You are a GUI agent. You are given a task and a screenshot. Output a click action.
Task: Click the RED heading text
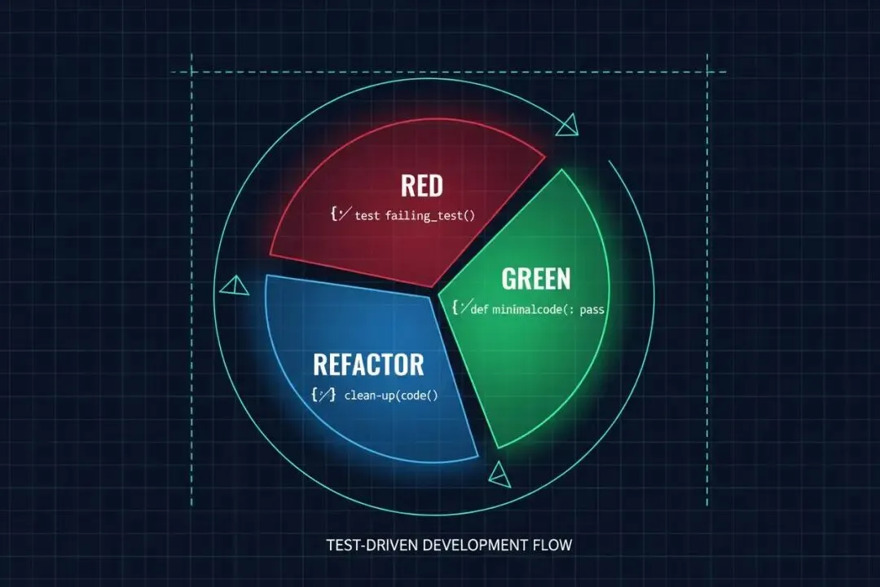422,186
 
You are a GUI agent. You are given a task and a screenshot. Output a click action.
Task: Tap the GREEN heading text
535,279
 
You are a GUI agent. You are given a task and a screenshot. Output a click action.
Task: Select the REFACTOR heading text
368,363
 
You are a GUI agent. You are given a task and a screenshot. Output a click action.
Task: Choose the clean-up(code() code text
391,395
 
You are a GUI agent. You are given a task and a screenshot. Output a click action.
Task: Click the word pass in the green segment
587,310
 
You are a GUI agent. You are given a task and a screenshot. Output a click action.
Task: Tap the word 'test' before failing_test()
367,216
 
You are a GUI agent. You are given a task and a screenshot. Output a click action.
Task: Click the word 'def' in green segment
479,310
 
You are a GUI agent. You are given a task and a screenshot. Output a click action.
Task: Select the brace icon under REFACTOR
323,395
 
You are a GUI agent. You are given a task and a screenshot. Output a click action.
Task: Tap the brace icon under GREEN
461,307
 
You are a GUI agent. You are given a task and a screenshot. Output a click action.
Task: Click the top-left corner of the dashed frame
192,72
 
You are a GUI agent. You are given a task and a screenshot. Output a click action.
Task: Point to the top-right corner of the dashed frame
706,72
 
